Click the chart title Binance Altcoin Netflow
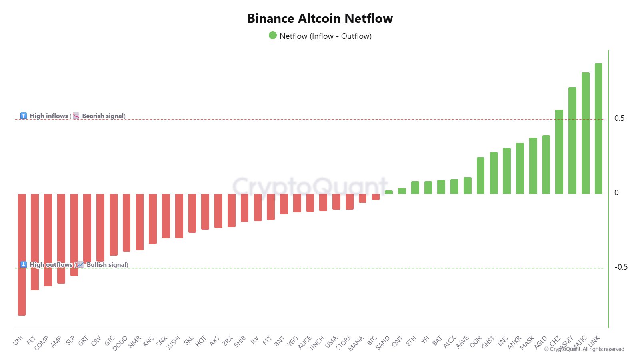320,18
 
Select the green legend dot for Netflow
273,36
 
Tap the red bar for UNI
22,254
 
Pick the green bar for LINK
598,128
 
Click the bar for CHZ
559,152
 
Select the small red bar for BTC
376,197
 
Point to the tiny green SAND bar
389,192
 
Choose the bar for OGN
480,176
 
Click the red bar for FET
35,242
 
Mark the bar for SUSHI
179,216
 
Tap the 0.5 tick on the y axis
619,118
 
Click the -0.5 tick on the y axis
621,267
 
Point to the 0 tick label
616,193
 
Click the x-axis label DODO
120,343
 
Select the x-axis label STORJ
343,343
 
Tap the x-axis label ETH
411,341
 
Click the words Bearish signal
103,116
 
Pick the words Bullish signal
106,265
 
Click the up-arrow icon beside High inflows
24,116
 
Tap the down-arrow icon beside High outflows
24,264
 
